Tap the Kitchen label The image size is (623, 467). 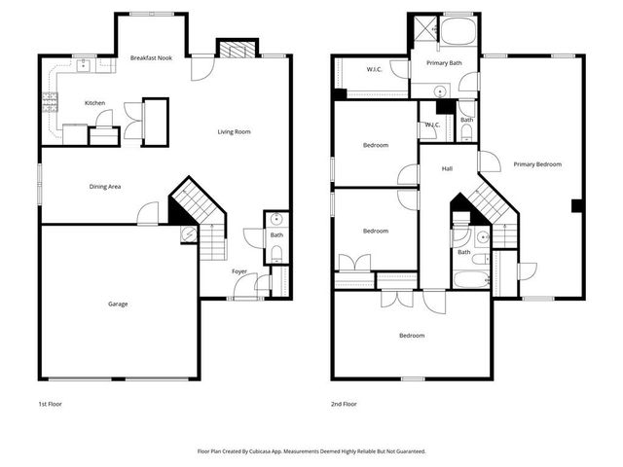(x=94, y=103)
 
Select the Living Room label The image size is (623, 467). (x=234, y=131)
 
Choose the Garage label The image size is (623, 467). (x=118, y=304)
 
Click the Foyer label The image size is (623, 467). (x=239, y=271)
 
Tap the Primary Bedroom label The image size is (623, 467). (x=537, y=164)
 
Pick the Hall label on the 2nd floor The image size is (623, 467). (x=447, y=169)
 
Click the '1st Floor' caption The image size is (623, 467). (x=49, y=403)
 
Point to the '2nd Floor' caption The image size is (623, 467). (x=344, y=403)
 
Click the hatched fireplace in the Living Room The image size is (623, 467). (x=235, y=50)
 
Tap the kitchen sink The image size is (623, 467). (x=84, y=65)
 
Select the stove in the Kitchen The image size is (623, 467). (x=48, y=100)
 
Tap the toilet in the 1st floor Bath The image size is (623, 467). (x=275, y=254)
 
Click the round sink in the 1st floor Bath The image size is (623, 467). (x=275, y=219)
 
